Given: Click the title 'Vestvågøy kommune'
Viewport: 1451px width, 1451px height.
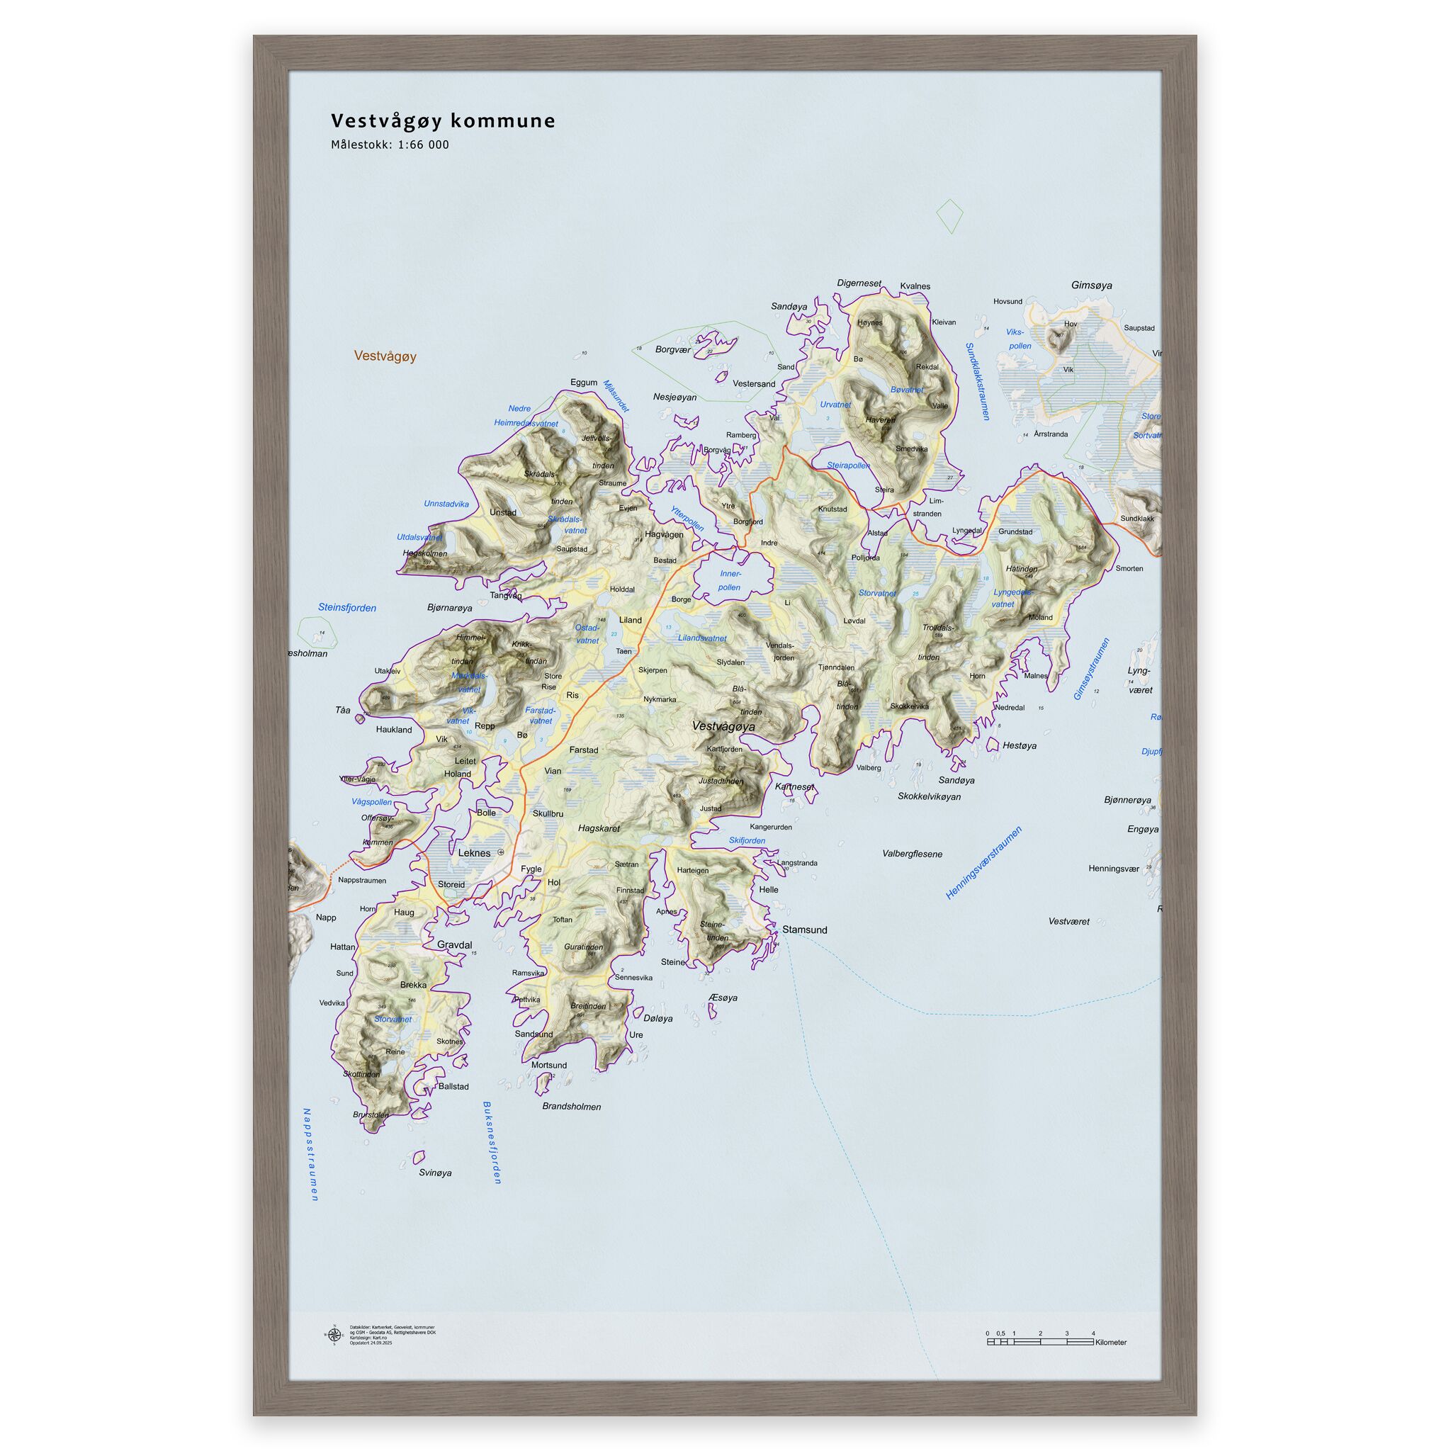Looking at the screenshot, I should coord(443,121).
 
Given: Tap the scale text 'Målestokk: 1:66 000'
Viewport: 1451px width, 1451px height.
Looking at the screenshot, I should coord(390,145).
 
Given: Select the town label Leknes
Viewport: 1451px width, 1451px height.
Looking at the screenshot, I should coord(474,853).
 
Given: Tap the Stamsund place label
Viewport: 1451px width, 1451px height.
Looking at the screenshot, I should coord(804,930).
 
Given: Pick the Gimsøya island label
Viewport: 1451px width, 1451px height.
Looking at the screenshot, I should coord(1091,286).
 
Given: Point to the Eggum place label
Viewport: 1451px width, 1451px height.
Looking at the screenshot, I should coord(584,383).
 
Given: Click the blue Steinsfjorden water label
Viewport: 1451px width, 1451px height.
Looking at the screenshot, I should coord(347,608).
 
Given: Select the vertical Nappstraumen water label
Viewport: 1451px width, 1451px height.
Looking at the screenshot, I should coord(310,1153).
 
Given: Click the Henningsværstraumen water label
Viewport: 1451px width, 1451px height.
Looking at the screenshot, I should coord(983,863).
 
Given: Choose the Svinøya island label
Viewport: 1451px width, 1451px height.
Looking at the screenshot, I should coord(435,1173).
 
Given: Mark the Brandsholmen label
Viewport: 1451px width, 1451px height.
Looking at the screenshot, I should coord(572,1106).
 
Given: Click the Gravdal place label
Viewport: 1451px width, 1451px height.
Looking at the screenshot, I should coord(454,945).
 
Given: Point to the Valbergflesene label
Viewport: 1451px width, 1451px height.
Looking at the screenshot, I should coord(912,854).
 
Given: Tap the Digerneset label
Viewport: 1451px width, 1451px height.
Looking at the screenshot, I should coord(859,284).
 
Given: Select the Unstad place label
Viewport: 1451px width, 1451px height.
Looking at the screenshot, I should coord(502,512).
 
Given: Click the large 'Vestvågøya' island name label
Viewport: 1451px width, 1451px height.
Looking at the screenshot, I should coord(723,726).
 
